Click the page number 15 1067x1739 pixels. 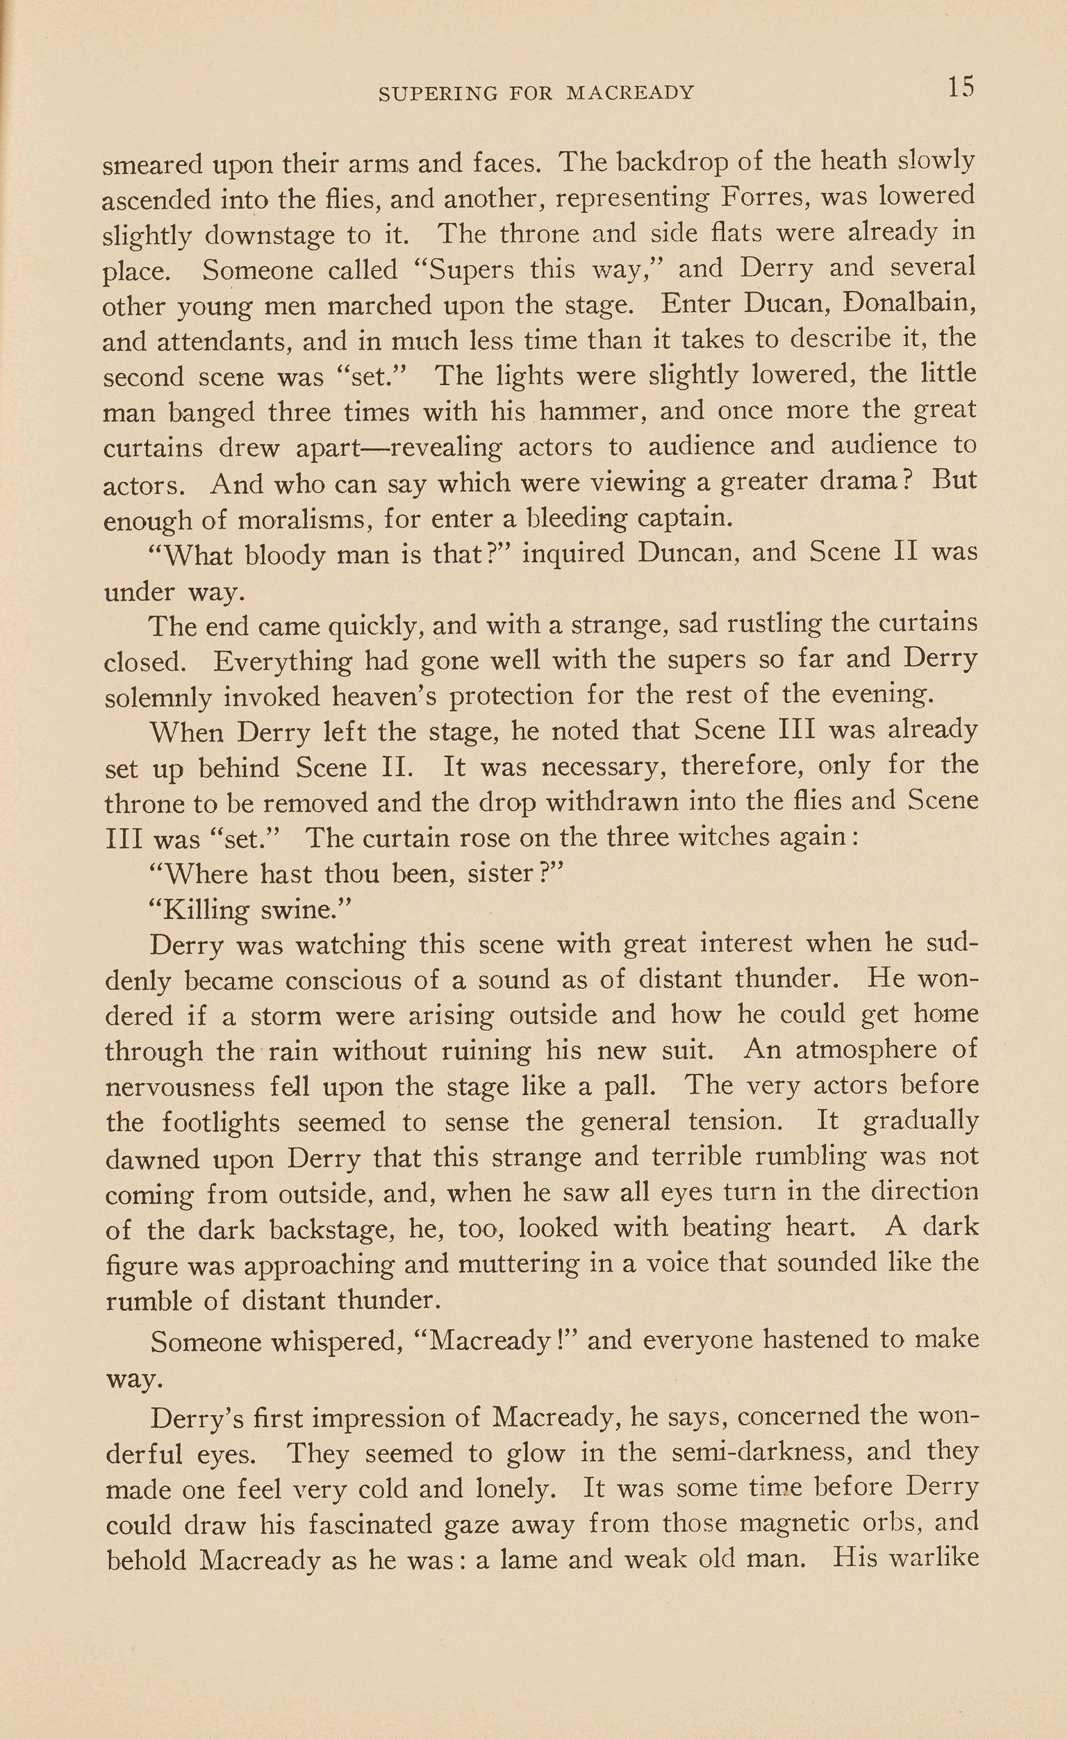point(961,88)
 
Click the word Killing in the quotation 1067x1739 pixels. point(206,909)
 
